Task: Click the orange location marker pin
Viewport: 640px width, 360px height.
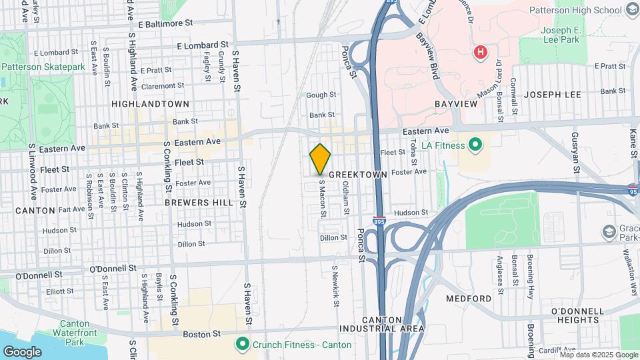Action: click(x=321, y=159)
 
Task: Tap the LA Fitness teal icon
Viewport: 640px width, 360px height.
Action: click(x=475, y=143)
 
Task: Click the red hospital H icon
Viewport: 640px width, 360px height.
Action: click(x=479, y=52)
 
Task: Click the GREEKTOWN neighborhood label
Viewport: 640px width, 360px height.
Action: click(x=358, y=174)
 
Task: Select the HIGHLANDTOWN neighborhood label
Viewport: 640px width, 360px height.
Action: click(x=150, y=105)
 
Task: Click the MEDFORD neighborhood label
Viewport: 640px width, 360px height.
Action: click(x=468, y=298)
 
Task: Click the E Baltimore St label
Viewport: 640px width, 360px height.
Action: click(x=161, y=23)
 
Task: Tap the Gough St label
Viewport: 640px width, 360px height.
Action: click(x=321, y=95)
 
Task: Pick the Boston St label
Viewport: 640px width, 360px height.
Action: click(x=207, y=333)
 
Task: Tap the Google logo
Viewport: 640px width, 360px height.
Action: click(x=23, y=351)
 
